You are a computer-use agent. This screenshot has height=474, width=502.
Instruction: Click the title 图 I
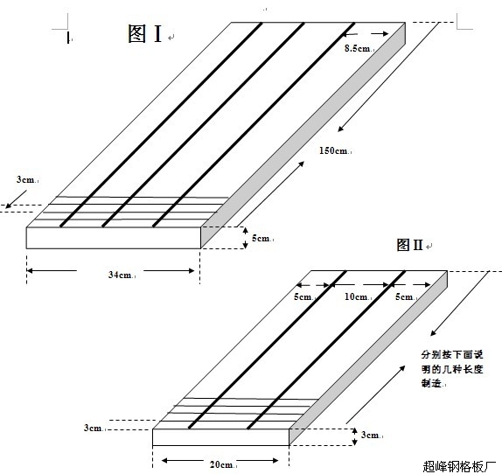coord(144,33)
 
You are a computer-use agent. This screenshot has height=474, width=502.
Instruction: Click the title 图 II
coord(409,245)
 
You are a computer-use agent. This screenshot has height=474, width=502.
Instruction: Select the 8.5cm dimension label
coord(357,48)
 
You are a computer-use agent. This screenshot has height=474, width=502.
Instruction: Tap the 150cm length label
coord(333,150)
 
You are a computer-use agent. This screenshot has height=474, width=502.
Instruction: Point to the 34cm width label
coord(120,275)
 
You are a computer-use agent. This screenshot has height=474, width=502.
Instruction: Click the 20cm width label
coord(221,464)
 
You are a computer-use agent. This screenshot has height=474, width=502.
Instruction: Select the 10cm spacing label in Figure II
coord(356,296)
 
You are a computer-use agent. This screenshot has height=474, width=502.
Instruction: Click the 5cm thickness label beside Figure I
coord(261,238)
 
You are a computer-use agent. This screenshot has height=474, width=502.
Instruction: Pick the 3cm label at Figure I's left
coord(25,179)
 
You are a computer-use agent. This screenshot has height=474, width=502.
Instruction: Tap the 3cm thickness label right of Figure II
coord(370,435)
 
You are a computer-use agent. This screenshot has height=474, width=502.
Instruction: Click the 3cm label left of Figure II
coord(93,428)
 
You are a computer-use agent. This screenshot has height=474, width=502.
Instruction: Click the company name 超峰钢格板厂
coord(459,467)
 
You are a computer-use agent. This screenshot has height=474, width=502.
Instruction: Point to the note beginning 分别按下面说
coord(452,369)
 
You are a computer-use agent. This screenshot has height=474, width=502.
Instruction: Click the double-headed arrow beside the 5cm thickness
coord(245,238)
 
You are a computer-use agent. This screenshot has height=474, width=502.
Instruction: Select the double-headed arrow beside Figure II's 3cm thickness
coord(355,436)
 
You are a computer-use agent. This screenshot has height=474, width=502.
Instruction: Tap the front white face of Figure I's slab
coord(114,238)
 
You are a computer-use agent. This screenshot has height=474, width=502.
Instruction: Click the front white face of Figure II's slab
coord(221,437)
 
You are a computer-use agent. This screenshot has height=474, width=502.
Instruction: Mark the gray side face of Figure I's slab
coord(303,136)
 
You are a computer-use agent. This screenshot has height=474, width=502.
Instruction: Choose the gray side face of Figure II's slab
coord(368,358)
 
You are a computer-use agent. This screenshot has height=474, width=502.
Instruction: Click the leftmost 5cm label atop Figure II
coord(303,296)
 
